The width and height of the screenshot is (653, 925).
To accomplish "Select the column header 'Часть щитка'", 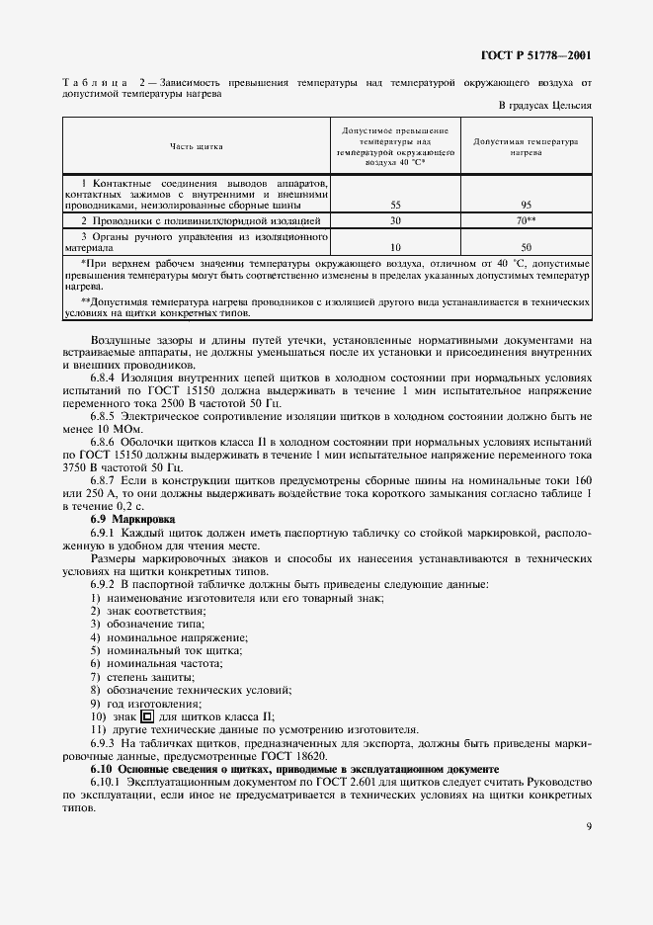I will (196, 146).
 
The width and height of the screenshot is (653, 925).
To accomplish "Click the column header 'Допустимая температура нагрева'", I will (526, 147).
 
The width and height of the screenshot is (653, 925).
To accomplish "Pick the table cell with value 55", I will (395, 205).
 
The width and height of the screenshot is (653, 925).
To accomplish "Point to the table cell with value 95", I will (526, 205).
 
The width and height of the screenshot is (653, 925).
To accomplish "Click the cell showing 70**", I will (527, 221).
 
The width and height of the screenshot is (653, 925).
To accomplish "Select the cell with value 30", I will (395, 221).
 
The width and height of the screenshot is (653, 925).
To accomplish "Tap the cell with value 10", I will (395, 247).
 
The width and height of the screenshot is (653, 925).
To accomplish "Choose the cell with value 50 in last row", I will (526, 247).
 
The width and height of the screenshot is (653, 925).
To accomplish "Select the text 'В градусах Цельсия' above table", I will (544, 105).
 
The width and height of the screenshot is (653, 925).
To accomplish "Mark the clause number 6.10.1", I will (110, 781).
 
